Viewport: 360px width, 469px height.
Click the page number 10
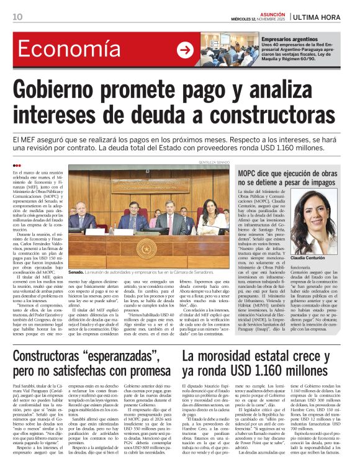(17, 16)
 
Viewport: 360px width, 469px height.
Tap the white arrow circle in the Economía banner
(185, 50)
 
